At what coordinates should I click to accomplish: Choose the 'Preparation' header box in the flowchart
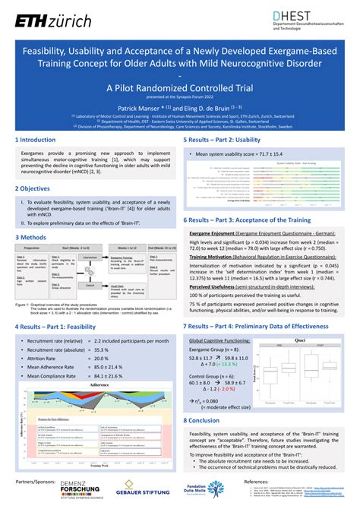coord(32,247)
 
